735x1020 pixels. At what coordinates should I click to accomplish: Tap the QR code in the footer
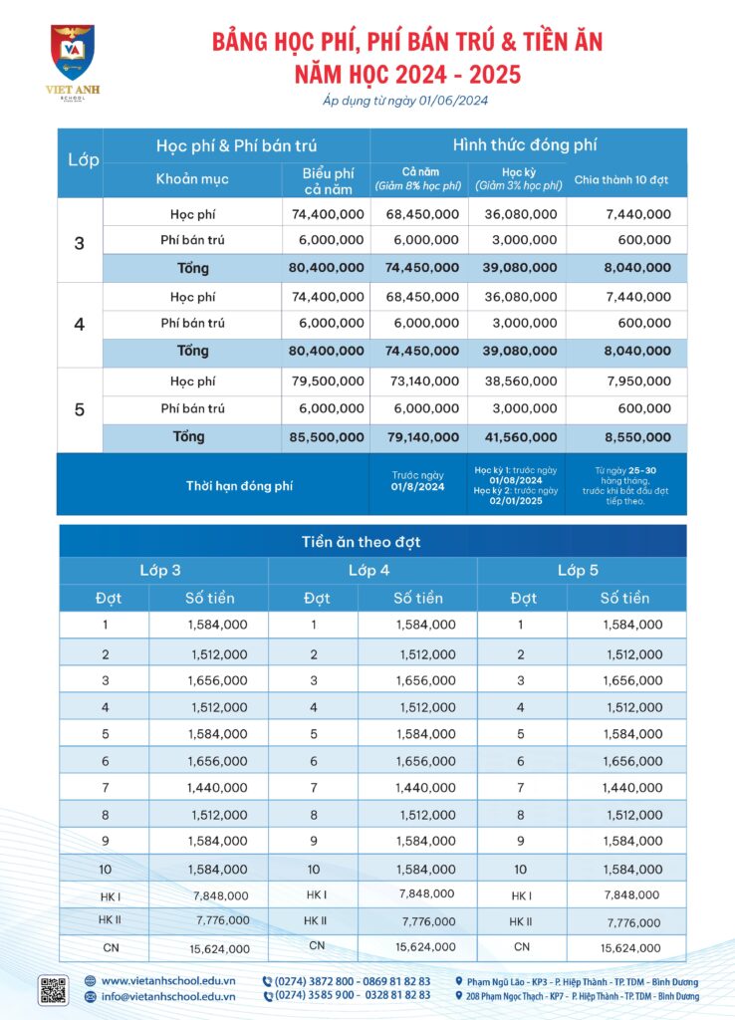53,989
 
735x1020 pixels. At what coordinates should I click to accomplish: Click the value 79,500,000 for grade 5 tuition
328,382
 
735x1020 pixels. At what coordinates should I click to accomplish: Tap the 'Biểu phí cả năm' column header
328,180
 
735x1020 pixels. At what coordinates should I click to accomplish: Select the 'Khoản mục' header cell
192,179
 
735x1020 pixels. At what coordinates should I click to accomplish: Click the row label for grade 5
80,409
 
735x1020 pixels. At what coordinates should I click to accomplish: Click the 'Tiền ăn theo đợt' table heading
372,542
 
